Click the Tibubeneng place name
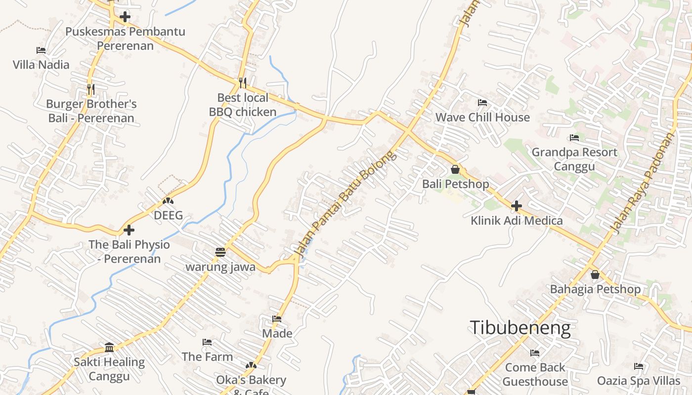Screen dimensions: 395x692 520,328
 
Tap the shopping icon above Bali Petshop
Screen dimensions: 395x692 455,170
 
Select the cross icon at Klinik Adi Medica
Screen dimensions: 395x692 517,205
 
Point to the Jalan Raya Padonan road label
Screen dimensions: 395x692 643,183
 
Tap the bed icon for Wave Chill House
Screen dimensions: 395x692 482,103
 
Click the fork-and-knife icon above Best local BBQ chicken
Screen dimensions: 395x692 242,82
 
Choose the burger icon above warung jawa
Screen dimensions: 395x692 220,253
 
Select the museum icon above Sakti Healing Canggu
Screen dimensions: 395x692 109,347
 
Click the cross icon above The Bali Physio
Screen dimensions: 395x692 129,230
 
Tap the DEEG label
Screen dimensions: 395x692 168,215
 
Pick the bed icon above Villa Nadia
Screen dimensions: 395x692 41,50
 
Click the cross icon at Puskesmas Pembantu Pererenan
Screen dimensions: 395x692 125,17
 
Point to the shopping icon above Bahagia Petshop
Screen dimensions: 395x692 595,275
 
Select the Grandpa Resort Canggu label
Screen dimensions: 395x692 574,159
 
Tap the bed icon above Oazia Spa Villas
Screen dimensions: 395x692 639,366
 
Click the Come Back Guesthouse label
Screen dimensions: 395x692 535,374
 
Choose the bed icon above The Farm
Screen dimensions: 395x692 207,342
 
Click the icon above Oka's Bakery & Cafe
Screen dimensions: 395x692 251,365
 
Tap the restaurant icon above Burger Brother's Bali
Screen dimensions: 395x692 90,89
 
